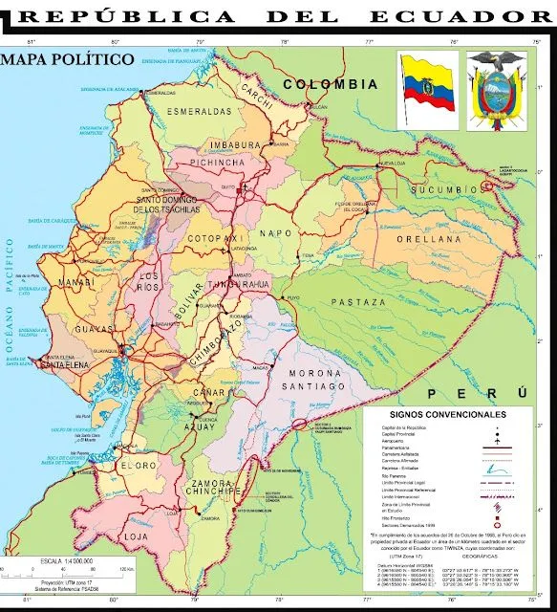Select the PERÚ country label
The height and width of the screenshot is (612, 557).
[478, 393]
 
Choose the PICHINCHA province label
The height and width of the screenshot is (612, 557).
[219, 164]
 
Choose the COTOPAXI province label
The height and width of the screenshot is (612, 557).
[210, 236]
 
